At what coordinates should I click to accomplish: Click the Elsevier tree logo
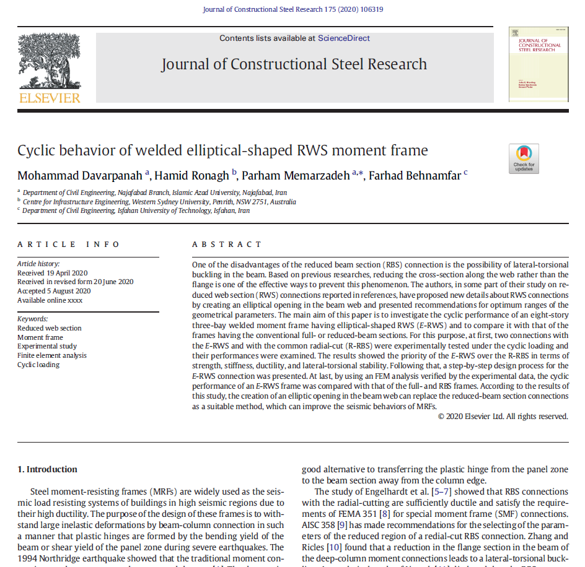point(49,61)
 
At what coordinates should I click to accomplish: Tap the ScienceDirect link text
point(343,38)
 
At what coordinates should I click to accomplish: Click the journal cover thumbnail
point(539,64)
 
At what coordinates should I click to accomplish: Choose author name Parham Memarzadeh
point(297,175)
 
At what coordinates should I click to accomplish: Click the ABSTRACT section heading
point(227,245)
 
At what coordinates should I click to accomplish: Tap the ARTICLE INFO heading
point(69,245)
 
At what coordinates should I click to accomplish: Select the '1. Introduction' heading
point(47,469)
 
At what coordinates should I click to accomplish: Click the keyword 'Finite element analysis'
point(52,355)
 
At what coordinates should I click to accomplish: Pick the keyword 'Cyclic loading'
point(38,365)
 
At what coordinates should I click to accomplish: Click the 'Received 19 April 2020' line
point(53,273)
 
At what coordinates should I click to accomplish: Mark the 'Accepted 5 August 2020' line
point(54,291)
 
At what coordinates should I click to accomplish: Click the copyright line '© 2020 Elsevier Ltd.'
point(503,417)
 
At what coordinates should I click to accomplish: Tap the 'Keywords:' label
point(33,319)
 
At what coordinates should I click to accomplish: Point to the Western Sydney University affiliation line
point(159,202)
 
